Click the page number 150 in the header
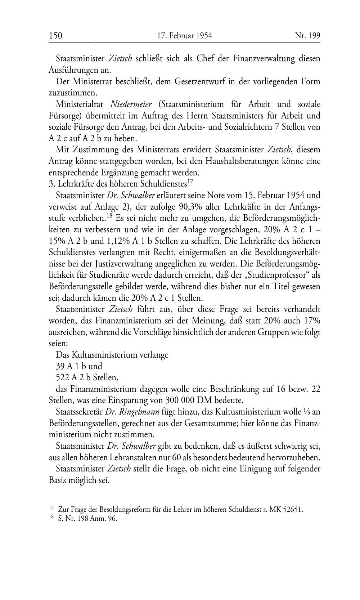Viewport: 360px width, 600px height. tap(55, 36)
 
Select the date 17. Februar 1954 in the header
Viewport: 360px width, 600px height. tap(185, 36)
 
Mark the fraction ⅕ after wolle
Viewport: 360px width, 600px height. tap(307, 412)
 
